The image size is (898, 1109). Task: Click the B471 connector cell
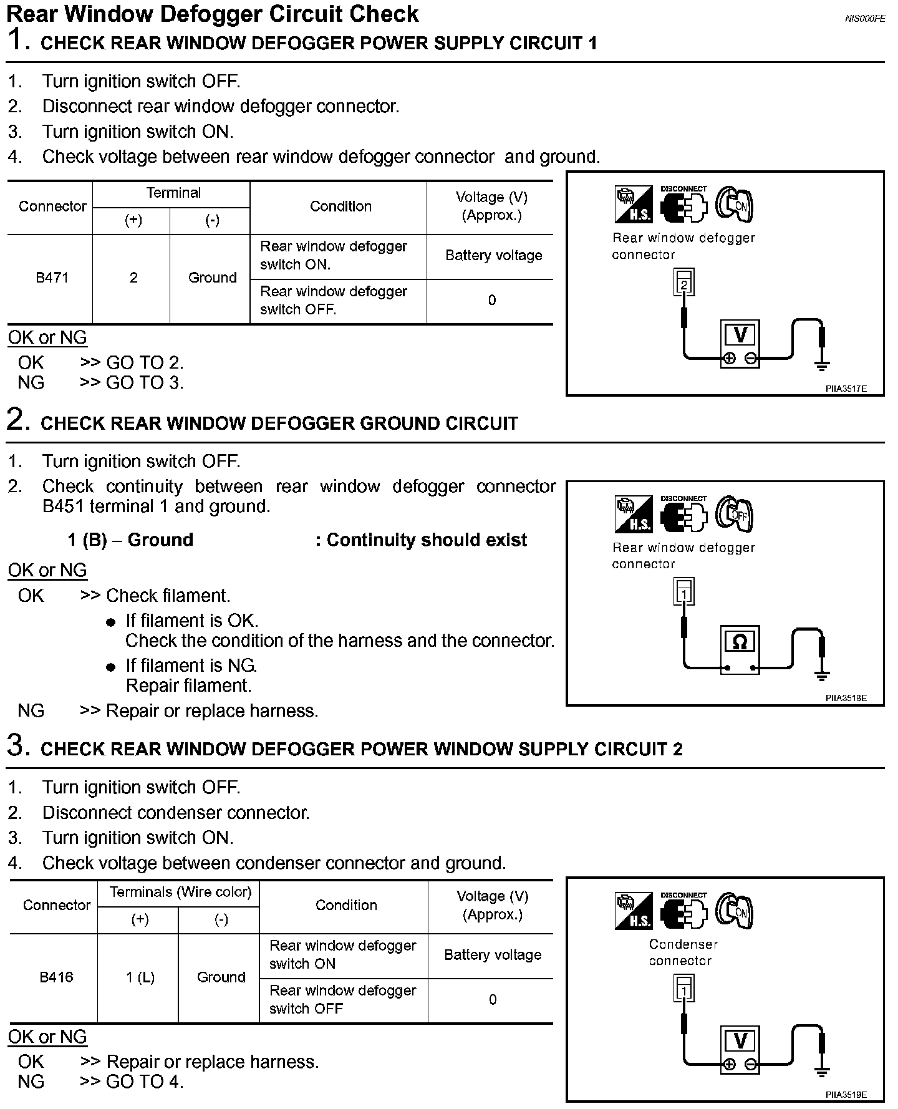[52, 278]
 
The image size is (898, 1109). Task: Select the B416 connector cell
[56, 977]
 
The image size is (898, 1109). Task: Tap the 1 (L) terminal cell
[140, 977]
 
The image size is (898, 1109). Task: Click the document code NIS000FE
[864, 19]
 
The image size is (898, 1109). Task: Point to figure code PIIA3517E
[846, 389]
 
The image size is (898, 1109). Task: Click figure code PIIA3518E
[846, 698]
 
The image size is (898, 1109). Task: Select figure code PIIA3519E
[846, 1095]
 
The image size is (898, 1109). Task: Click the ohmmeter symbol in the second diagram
[740, 641]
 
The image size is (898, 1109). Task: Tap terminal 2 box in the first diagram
[684, 284]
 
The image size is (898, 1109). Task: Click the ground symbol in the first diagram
[823, 365]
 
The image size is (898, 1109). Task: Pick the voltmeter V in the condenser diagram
[740, 1040]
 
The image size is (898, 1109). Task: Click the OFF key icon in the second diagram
[735, 515]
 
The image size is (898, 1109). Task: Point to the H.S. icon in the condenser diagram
[633, 911]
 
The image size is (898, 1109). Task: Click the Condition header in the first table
[340, 206]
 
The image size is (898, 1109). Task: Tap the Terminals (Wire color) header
[180, 893]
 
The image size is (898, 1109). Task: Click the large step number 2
[18, 419]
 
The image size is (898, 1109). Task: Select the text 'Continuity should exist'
[427, 540]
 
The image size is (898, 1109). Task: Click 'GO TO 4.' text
[145, 1082]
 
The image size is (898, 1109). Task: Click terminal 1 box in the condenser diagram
[684, 990]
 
